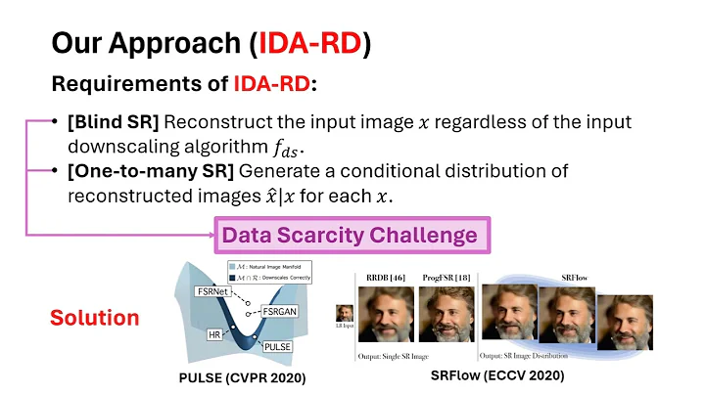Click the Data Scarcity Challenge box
pyautogui.click(x=350, y=235)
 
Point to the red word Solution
pyautogui.click(x=95, y=318)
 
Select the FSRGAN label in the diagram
pyautogui.click(x=280, y=309)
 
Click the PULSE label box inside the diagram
pyautogui.click(x=277, y=345)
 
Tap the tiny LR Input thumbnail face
pyautogui.click(x=345, y=314)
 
